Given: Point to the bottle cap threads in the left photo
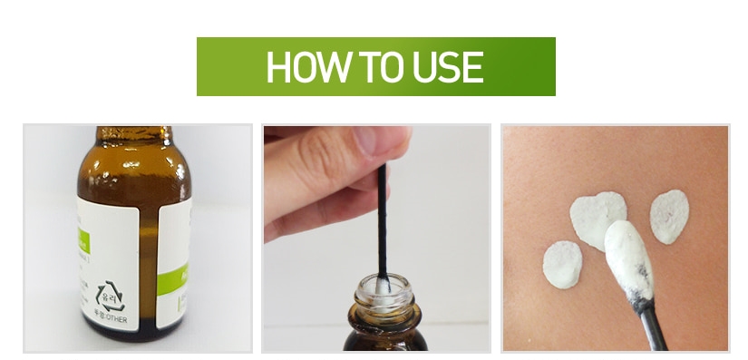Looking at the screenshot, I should click(134, 135).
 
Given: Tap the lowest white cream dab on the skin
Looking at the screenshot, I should click(562, 265).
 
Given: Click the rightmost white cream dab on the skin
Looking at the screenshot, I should click(669, 216).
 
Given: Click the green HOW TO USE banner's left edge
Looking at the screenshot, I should click(199, 67).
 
